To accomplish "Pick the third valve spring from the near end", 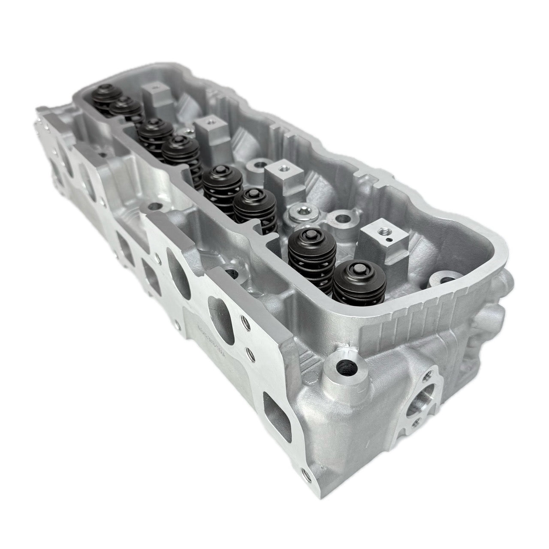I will point(253,207).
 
